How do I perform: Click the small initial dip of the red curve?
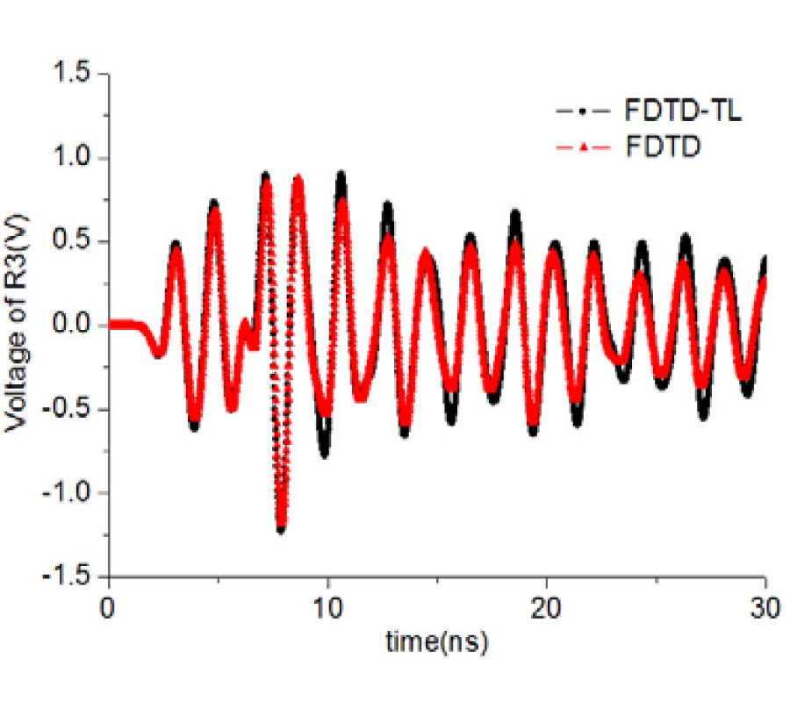(x=158, y=353)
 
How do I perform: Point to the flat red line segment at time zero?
(x=123, y=324)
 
